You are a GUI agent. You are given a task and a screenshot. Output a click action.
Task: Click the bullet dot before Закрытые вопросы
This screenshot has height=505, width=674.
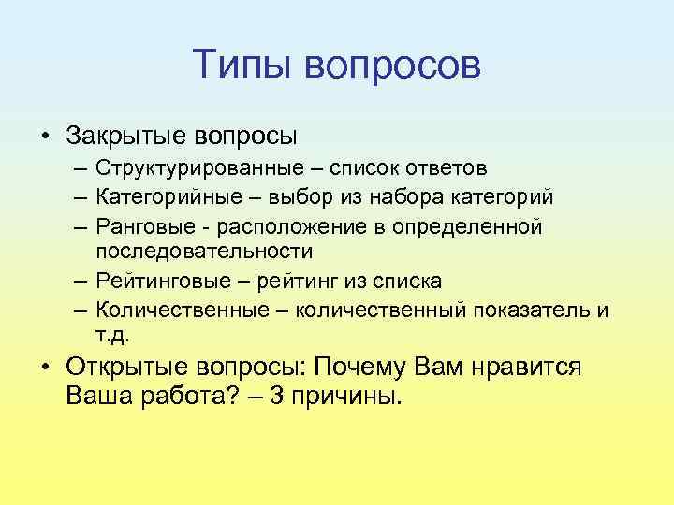[x=44, y=136]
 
